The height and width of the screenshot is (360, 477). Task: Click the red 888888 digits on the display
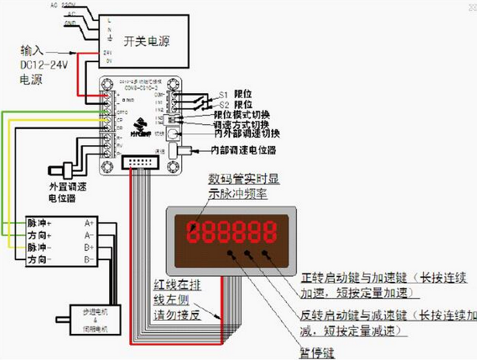click(233, 233)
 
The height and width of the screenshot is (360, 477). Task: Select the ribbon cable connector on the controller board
click(141, 163)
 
